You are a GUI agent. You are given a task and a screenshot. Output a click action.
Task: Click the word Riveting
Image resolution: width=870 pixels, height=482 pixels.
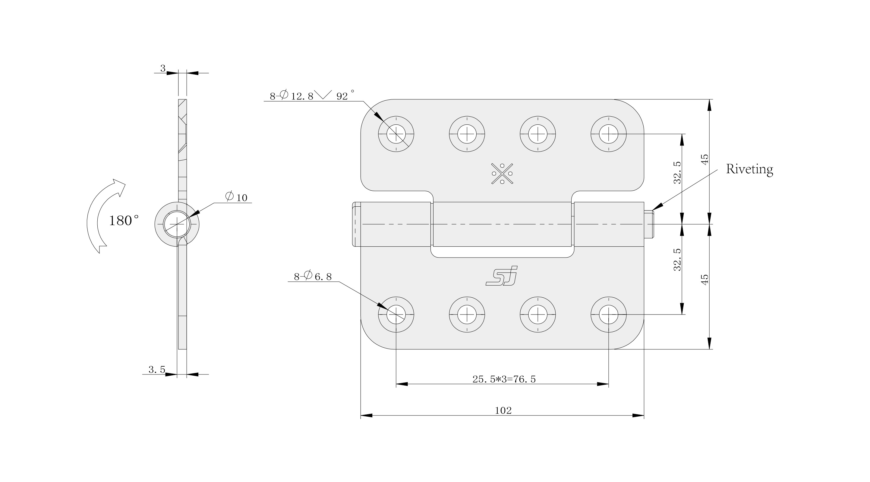click(x=749, y=169)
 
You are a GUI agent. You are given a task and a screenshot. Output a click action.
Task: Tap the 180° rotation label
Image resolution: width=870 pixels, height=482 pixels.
click(x=124, y=221)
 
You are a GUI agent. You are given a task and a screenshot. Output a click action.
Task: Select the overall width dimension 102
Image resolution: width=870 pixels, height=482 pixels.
click(x=503, y=410)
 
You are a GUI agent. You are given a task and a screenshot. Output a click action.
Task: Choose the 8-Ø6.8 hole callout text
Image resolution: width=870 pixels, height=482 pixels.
click(x=313, y=277)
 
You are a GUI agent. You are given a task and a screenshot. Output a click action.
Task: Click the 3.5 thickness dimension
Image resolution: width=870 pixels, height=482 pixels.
click(x=157, y=370)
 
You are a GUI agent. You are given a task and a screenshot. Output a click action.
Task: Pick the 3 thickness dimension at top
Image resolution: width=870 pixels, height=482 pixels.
click(x=163, y=68)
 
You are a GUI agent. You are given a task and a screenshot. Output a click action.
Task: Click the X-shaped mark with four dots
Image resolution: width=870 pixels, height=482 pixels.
click(x=502, y=174)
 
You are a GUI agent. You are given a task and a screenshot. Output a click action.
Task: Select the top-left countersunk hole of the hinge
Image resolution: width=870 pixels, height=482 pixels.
click(x=396, y=134)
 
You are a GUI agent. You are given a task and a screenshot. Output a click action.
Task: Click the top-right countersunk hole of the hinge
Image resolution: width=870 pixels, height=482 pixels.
click(x=609, y=134)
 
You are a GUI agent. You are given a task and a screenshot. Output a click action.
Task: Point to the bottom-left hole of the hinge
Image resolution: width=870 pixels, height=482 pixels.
click(x=396, y=315)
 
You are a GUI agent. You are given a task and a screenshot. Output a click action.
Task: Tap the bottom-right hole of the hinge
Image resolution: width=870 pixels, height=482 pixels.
click(x=609, y=315)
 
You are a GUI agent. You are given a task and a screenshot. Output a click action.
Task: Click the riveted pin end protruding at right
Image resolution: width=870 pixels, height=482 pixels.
click(x=649, y=224)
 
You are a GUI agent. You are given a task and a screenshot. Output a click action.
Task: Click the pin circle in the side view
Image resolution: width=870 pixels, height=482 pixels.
click(x=177, y=224)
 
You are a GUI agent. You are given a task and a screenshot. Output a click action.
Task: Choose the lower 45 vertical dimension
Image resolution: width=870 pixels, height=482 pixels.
click(x=705, y=280)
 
